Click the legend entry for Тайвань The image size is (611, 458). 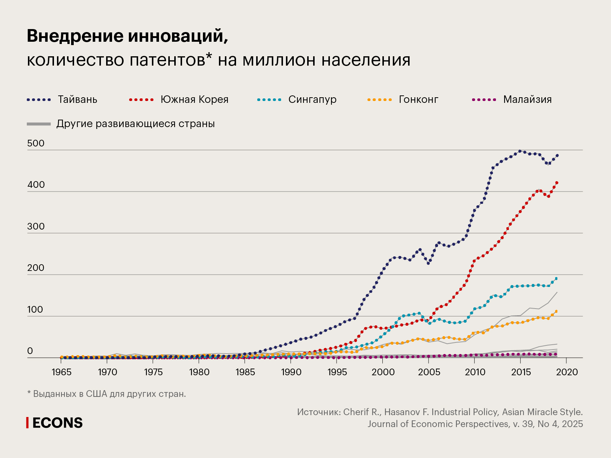tap(77, 100)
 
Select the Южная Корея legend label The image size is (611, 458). tap(194, 100)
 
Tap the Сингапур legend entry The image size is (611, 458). tap(312, 100)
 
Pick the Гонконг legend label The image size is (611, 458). tap(418, 100)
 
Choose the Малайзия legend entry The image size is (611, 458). tap(527, 100)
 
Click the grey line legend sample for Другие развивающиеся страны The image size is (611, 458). tap(39, 124)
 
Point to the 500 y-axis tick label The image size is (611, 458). tap(36, 143)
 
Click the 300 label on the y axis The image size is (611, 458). tap(36, 227)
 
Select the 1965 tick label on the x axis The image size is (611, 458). tap(61, 372)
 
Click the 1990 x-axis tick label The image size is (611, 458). tap(291, 372)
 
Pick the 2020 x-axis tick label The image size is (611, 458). tap(566, 372)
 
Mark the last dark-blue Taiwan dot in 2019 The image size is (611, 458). tap(557, 155)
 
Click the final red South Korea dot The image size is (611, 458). tap(557, 183)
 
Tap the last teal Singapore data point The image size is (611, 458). tap(556, 278)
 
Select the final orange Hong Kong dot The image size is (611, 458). tap(556, 311)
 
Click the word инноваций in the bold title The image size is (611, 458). tap(178, 37)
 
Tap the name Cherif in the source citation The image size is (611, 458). tap(357, 412)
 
